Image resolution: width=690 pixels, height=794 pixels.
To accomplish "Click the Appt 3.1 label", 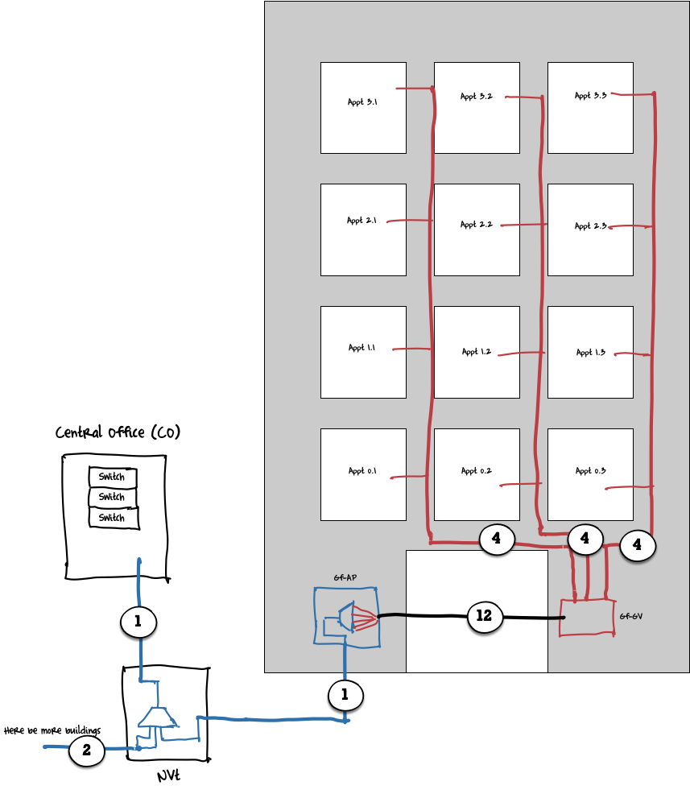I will click(362, 102).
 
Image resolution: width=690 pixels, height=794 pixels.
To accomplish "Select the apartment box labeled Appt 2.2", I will click(477, 230).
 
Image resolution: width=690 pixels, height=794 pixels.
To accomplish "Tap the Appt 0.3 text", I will click(590, 471).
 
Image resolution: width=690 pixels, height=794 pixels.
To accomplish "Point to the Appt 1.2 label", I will click(477, 352).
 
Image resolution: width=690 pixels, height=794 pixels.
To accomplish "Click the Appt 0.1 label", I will click(362, 471).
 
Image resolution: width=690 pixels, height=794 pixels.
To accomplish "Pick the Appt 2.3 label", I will click(590, 226).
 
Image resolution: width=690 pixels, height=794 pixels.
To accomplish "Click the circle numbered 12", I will click(484, 616).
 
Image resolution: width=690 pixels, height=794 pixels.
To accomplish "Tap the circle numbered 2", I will click(86, 751).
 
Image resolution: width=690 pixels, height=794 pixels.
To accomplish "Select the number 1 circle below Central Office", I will click(138, 622).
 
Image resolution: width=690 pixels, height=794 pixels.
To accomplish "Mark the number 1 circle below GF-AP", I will click(345, 695).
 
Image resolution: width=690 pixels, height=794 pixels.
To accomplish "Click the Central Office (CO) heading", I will click(118, 433).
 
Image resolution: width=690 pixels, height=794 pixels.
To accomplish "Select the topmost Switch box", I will click(112, 478).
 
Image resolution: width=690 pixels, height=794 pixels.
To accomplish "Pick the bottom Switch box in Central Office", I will click(112, 518).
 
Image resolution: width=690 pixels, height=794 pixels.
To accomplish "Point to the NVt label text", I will click(167, 777).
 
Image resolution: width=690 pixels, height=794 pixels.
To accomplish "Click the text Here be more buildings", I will click(52, 731).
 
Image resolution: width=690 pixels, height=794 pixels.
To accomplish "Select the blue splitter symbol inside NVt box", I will click(156, 717).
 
